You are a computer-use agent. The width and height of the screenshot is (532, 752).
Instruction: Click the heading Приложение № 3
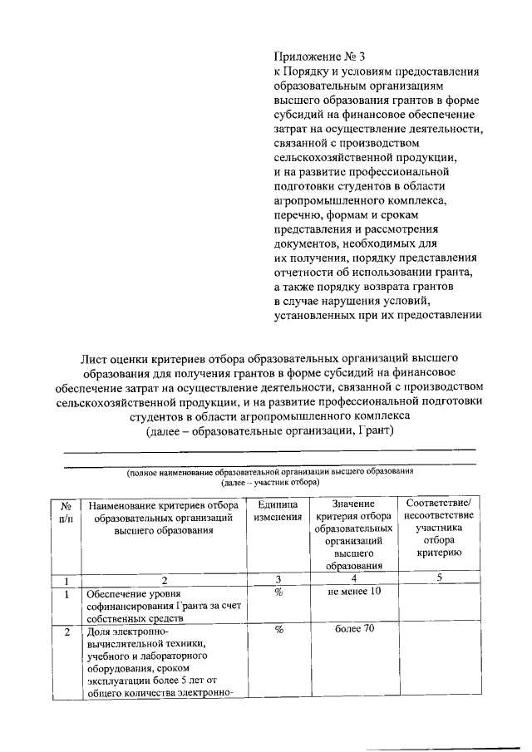coord(319,57)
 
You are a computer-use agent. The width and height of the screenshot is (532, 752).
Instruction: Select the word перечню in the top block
coord(298,214)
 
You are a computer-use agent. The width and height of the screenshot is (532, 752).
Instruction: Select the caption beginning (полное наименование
coord(269,471)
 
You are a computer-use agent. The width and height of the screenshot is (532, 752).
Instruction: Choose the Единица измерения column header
coord(278,511)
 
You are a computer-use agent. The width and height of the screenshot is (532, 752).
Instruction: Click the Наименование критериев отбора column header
coord(164,517)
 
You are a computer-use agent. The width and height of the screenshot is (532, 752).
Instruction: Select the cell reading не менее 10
coord(354,592)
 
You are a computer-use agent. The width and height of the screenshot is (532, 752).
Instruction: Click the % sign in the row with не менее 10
coord(278,592)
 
